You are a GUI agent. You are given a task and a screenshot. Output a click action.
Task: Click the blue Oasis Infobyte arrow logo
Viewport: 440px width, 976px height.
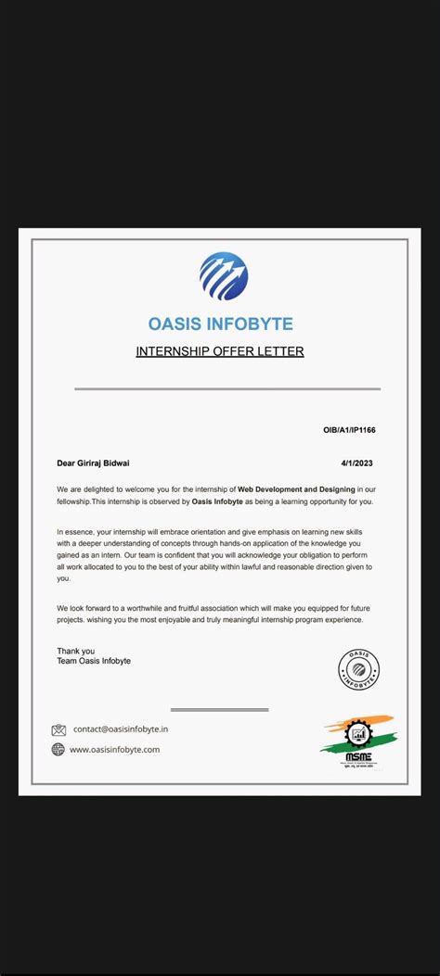point(223,276)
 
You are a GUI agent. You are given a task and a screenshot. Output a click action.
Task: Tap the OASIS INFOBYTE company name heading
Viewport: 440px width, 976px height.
point(220,323)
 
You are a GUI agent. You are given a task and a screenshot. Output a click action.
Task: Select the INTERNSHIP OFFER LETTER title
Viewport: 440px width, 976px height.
point(220,351)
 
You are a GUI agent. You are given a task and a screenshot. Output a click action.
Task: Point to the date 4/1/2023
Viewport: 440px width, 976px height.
point(357,463)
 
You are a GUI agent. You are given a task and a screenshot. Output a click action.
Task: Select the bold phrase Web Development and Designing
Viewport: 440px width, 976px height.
point(296,488)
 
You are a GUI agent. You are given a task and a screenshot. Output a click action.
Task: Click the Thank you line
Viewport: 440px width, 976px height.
point(75,651)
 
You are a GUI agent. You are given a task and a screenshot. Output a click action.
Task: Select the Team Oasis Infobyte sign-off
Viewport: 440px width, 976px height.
point(94,661)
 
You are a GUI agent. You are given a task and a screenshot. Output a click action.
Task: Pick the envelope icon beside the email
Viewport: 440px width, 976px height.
point(58,729)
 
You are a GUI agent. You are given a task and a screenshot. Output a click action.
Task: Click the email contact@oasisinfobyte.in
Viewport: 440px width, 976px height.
point(121,729)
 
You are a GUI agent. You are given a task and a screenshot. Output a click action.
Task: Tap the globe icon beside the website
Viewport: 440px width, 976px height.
point(58,749)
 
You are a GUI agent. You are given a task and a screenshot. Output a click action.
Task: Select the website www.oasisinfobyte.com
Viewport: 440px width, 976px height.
point(115,749)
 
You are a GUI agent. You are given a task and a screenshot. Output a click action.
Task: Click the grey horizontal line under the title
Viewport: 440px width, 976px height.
point(226,389)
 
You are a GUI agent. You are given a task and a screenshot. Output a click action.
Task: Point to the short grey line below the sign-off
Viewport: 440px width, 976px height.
point(219,710)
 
